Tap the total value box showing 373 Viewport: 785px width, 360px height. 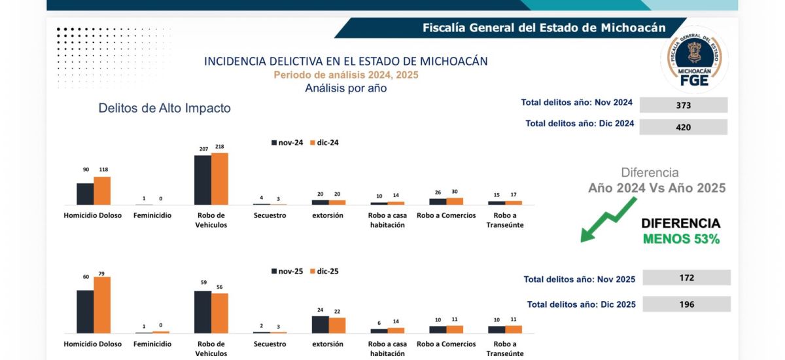pyautogui.click(x=684, y=105)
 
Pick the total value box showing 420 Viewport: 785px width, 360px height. pyautogui.click(x=684, y=127)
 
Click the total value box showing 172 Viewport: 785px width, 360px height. pyautogui.click(x=686, y=278)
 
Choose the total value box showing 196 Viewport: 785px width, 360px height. pyautogui.click(x=686, y=304)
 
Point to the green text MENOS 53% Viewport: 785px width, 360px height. pyautogui.click(x=681, y=240)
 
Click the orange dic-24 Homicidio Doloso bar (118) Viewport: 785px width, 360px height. pyautogui.click(x=102, y=190)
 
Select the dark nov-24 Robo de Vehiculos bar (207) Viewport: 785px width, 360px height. pyautogui.click(x=203, y=180)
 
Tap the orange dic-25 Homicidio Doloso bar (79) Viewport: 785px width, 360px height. pyautogui.click(x=102, y=305)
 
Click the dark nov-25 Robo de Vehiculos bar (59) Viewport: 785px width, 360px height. pyautogui.click(x=203, y=312)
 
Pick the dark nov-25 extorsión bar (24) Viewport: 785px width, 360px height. pyautogui.click(x=320, y=325)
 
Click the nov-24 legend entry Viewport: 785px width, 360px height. pyautogui.click(x=287, y=143)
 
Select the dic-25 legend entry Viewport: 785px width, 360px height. pyautogui.click(x=324, y=271)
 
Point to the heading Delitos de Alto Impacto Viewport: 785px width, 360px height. pyautogui.click(x=164, y=109)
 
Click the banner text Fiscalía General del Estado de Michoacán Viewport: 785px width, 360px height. pyautogui.click(x=544, y=27)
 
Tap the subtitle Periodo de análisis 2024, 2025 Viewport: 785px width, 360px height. pyautogui.click(x=345, y=75)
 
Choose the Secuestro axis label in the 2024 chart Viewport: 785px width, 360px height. pyautogui.click(x=270, y=215)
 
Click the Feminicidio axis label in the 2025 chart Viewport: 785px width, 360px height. pyautogui.click(x=152, y=344)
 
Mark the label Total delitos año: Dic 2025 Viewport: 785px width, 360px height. pyautogui.click(x=581, y=304)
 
